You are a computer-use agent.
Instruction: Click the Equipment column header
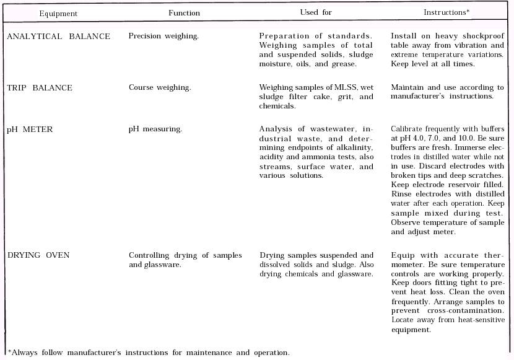(58, 13)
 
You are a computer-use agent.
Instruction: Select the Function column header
(184, 12)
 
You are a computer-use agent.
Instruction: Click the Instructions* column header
(445, 12)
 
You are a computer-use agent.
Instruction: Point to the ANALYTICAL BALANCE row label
(58, 37)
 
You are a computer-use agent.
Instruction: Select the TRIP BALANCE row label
(40, 88)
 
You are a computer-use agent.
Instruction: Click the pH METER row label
(30, 130)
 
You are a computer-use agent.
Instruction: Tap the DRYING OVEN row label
(38, 255)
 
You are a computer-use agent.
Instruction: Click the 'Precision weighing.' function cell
(163, 36)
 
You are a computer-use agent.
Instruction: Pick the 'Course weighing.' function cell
(160, 87)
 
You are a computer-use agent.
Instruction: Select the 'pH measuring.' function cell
(155, 129)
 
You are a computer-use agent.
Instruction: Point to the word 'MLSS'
(347, 87)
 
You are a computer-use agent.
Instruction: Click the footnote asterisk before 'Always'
(9, 352)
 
